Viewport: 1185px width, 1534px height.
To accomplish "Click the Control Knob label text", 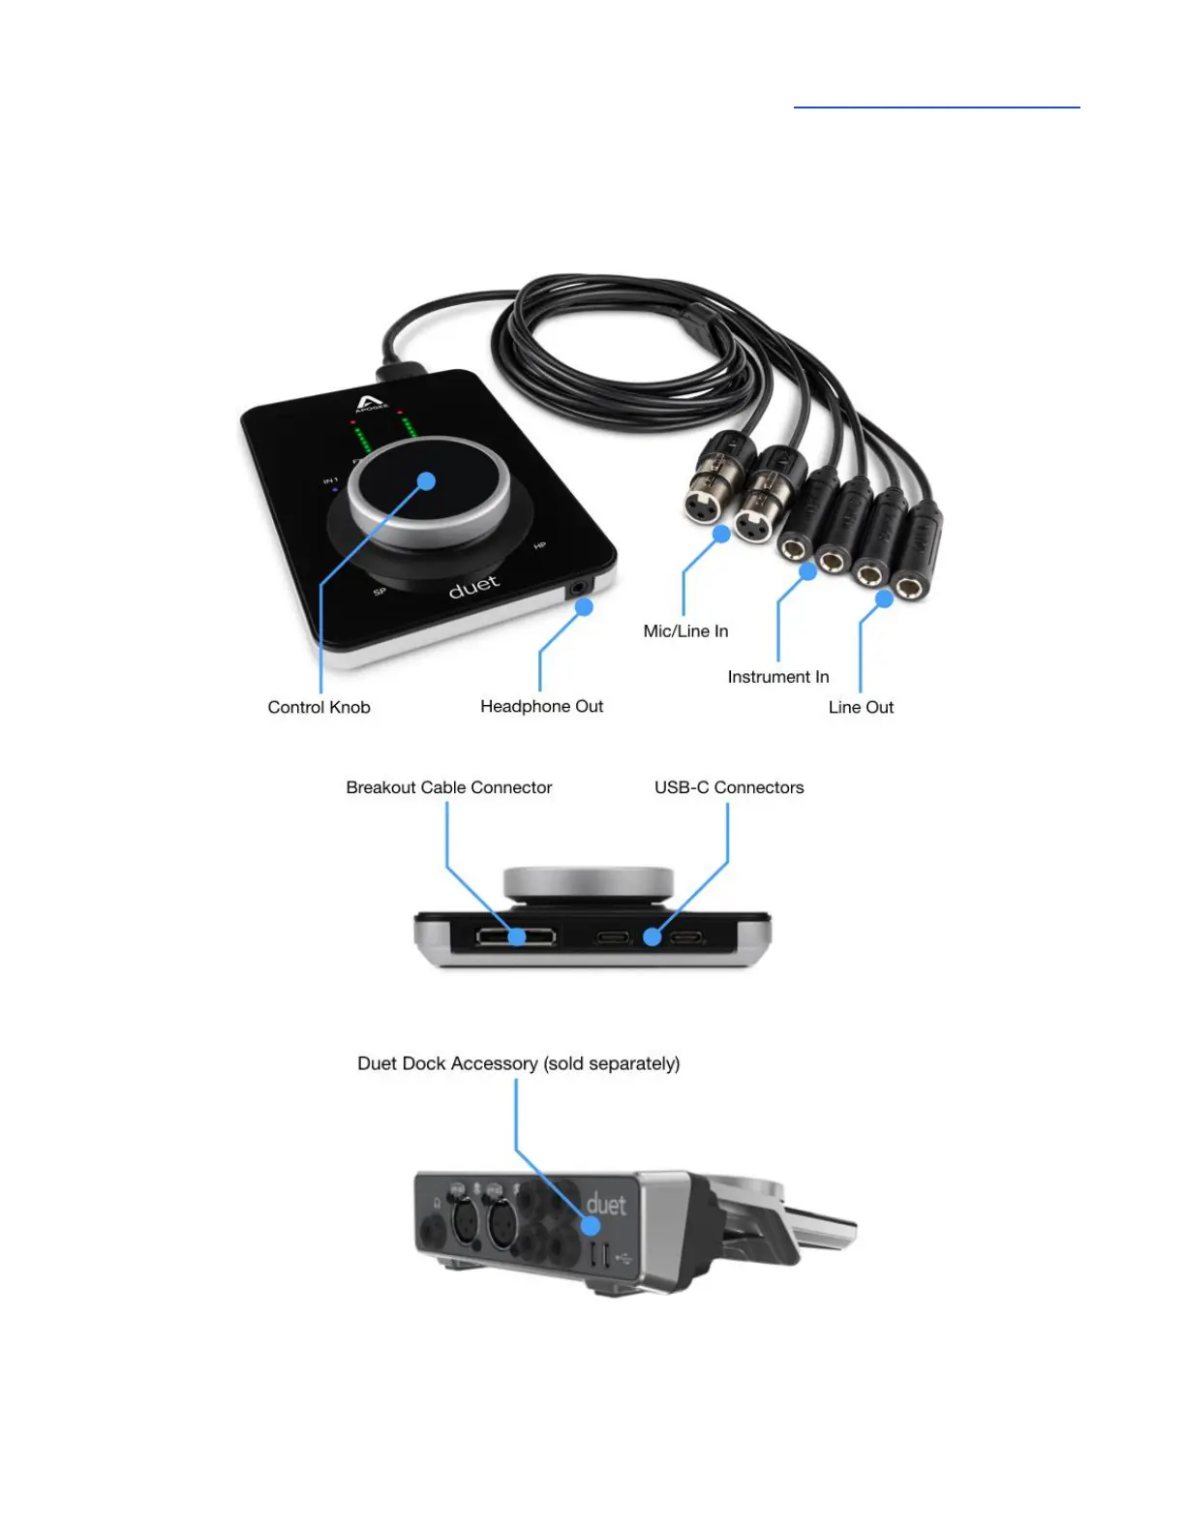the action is pos(319,707).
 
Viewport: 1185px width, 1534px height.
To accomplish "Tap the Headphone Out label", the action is pos(541,706).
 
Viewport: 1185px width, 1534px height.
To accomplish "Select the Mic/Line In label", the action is pos(685,630).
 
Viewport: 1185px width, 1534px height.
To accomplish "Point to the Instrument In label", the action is pos(778,677).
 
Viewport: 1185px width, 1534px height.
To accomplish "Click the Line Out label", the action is pos(861,707).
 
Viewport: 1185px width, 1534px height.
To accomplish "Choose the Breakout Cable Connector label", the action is pos(449,787).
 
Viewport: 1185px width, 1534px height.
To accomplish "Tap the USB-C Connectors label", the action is pos(729,787).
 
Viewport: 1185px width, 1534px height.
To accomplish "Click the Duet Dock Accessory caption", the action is pos(519,1063).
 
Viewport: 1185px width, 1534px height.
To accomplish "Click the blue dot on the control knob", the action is pos(426,480).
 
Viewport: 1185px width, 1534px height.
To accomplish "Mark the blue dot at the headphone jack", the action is pos(584,607).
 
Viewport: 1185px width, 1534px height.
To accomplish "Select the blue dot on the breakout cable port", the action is pos(518,936).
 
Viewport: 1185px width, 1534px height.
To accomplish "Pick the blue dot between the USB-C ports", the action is pos(653,936).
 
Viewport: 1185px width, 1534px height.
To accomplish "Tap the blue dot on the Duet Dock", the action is pos(590,1226).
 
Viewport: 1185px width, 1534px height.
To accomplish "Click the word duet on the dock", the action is pos(606,1205).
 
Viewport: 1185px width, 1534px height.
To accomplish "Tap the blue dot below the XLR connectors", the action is pos(721,534).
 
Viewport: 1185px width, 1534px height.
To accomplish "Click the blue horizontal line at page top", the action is pos(936,107).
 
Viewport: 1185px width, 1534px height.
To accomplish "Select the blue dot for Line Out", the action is pos(884,599).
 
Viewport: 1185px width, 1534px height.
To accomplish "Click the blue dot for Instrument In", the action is pos(807,571).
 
